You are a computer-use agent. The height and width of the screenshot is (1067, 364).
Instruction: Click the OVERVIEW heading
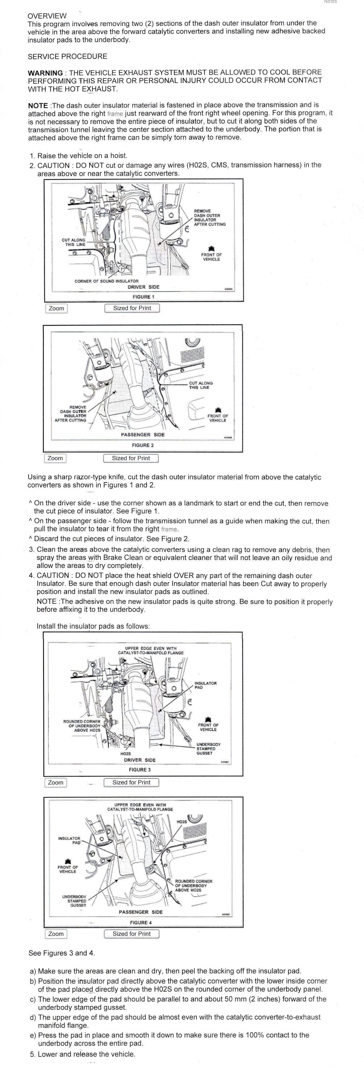click(47, 16)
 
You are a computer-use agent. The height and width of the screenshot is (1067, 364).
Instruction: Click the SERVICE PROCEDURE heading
click(67, 57)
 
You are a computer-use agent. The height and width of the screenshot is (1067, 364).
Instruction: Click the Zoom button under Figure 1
click(57, 308)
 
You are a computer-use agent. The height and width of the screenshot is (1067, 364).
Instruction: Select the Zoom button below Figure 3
click(55, 782)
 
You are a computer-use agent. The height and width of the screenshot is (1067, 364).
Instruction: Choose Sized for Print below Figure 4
click(131, 934)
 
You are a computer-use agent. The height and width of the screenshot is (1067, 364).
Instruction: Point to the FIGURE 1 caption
click(143, 297)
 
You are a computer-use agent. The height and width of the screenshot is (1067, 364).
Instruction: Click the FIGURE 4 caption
click(141, 922)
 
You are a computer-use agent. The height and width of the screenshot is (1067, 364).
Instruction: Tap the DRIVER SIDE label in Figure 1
click(144, 286)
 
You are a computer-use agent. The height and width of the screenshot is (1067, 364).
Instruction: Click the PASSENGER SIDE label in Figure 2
click(142, 435)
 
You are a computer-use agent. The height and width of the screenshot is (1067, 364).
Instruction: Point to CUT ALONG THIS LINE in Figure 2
click(200, 385)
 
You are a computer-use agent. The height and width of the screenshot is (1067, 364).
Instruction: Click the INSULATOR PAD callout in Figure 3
click(205, 686)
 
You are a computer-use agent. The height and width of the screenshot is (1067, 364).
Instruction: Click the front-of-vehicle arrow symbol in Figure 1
click(211, 248)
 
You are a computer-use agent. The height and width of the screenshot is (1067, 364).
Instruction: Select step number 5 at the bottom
click(32, 1054)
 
